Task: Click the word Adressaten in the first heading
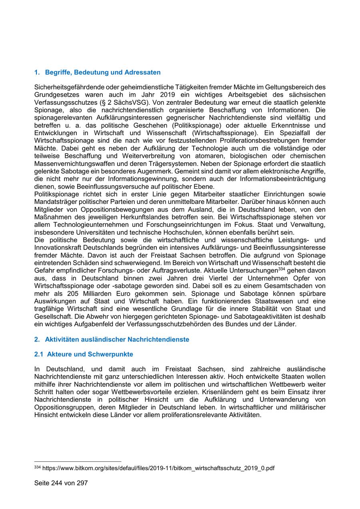click(x=142, y=72)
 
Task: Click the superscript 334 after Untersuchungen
click(x=281, y=269)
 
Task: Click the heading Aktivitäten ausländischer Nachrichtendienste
click(x=117, y=339)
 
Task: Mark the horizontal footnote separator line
click(x=78, y=461)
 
